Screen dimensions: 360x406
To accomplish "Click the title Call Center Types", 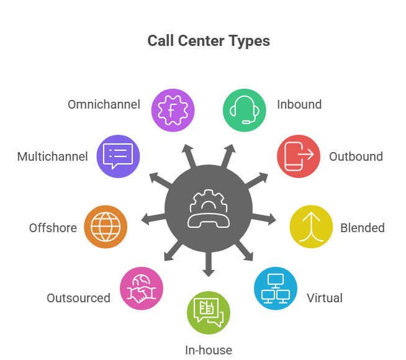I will (209, 42).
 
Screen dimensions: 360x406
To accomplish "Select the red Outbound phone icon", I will (298, 156).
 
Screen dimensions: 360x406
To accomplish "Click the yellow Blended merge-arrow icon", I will (311, 227).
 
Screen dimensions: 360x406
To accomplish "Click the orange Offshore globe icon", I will (105, 227).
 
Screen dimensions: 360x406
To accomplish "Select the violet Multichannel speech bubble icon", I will (118, 156).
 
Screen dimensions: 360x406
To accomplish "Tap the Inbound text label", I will (299, 104).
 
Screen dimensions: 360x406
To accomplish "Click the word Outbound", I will (356, 156).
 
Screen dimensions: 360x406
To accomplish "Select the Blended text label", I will (362, 228).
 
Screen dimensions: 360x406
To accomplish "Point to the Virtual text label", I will (324, 298).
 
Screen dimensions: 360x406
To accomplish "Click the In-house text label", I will (209, 350).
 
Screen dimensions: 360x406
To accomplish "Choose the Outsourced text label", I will (78, 298).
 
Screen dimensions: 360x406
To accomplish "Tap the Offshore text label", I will (53, 228).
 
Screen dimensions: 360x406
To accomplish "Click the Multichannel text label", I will (52, 156).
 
